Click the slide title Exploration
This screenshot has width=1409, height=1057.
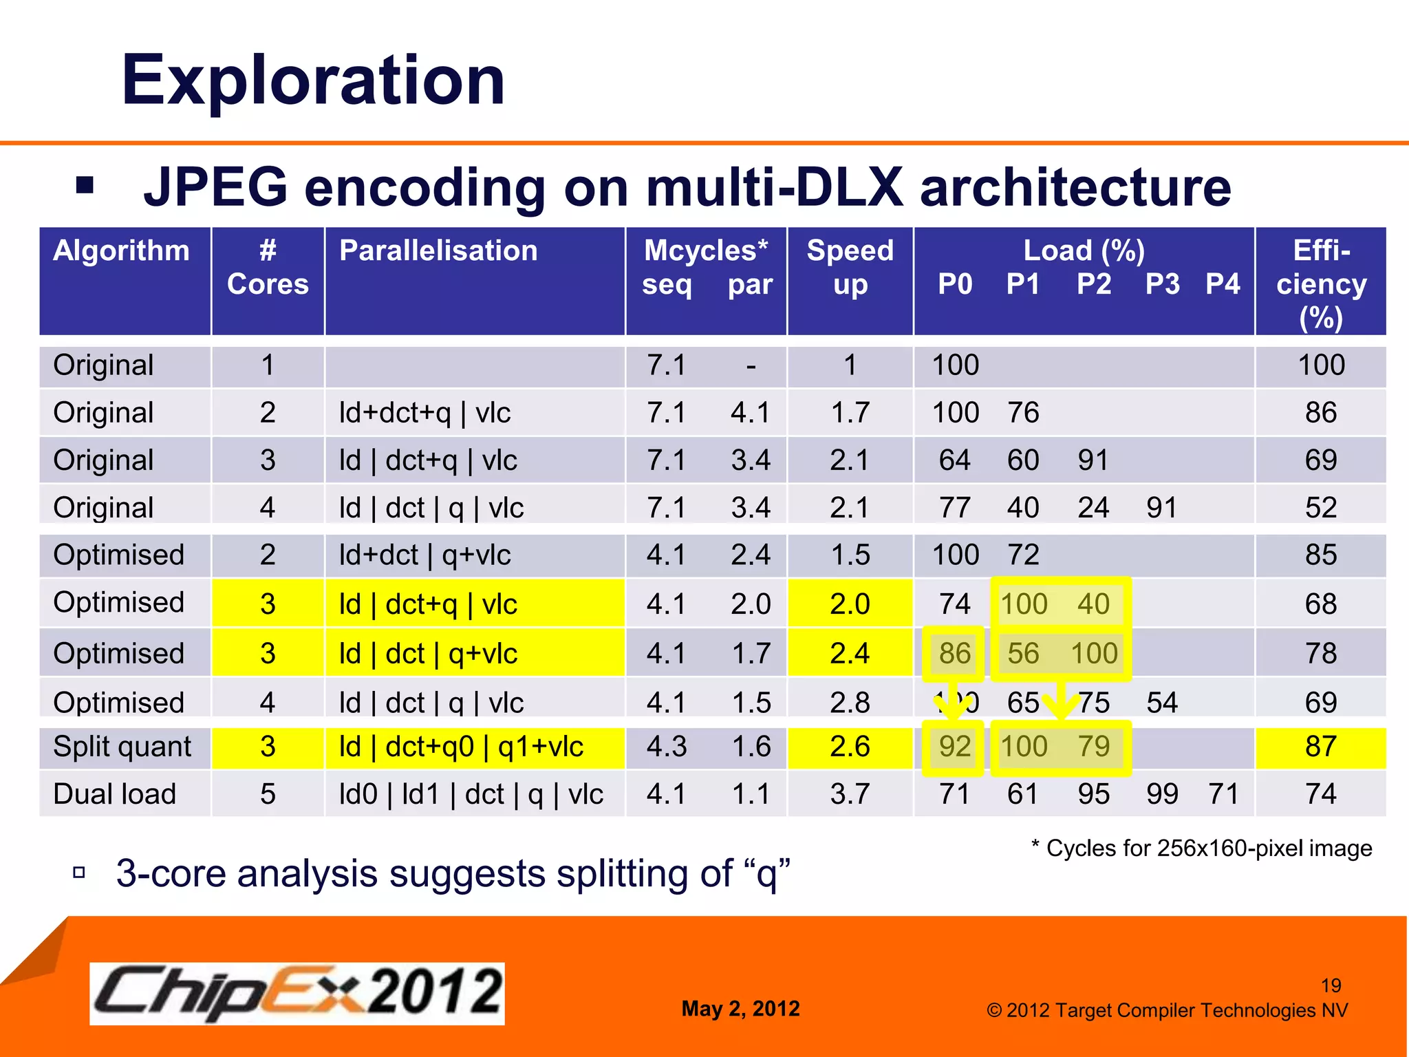(x=313, y=81)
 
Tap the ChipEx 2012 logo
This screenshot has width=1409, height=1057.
(x=297, y=993)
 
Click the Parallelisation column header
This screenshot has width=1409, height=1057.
(x=438, y=250)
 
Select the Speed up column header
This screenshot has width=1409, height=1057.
(x=850, y=267)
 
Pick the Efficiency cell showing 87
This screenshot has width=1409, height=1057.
(x=1320, y=747)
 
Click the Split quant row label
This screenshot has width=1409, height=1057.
(x=122, y=747)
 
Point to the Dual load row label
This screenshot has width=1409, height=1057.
(x=115, y=794)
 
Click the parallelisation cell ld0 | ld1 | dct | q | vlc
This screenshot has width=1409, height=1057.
(x=471, y=794)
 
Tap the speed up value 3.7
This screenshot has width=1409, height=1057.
(x=850, y=794)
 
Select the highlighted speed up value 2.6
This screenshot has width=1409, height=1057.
(x=850, y=747)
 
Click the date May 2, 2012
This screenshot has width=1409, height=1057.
(x=740, y=1009)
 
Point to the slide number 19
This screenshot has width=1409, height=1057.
(x=1331, y=985)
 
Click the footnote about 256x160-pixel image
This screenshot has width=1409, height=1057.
(x=1201, y=848)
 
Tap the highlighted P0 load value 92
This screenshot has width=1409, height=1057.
(x=954, y=747)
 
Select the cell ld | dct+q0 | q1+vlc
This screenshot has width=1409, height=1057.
(x=461, y=747)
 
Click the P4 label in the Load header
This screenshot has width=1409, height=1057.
(x=1223, y=284)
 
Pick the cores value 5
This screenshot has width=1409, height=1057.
(x=268, y=794)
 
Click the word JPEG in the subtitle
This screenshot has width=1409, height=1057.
(x=215, y=188)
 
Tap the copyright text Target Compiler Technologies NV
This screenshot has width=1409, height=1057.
(x=1167, y=1010)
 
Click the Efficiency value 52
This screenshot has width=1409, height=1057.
(x=1320, y=508)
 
